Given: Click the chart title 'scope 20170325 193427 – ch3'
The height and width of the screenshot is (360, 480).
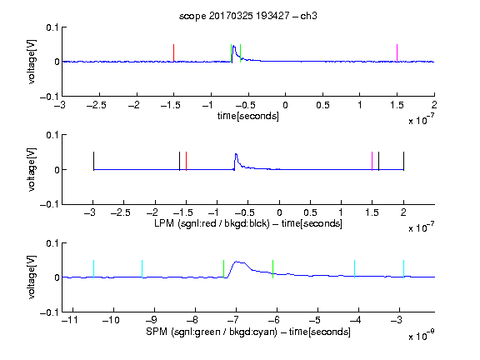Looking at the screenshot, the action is [248, 16].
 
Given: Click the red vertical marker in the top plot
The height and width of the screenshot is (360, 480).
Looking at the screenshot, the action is [173, 53].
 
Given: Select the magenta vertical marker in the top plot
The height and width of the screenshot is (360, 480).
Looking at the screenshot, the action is [397, 53].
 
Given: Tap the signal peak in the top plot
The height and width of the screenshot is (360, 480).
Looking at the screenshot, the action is [233, 46].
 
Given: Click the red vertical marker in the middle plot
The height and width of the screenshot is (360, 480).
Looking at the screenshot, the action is [186, 161].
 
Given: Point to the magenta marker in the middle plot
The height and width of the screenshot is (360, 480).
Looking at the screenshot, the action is [372, 161].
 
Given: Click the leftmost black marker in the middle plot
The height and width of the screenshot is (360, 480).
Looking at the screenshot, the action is [93, 161].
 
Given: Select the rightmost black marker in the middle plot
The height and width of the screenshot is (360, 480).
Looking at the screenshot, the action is [404, 161].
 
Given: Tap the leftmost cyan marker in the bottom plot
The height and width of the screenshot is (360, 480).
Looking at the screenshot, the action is [93, 269].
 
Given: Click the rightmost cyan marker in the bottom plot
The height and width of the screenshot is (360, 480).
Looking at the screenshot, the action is [404, 269].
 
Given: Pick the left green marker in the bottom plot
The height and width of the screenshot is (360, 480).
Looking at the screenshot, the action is [224, 269].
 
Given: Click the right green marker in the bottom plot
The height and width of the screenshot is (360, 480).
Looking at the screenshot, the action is [272, 269].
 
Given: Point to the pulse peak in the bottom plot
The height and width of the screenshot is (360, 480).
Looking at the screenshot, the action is [237, 262].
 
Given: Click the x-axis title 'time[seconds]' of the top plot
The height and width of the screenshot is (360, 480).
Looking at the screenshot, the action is [248, 116].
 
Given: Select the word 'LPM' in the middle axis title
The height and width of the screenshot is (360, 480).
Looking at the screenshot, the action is [164, 223].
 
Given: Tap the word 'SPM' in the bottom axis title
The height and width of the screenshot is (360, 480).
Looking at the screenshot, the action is [157, 332].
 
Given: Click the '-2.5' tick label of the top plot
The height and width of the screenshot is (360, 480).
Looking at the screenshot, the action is [96, 106].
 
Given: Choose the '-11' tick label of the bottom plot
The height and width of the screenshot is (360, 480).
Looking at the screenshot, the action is [70, 321].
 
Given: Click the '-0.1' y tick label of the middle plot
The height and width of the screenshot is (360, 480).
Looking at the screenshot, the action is [49, 204].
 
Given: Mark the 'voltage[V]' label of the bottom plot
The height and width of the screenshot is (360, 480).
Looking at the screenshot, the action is [32, 277].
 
